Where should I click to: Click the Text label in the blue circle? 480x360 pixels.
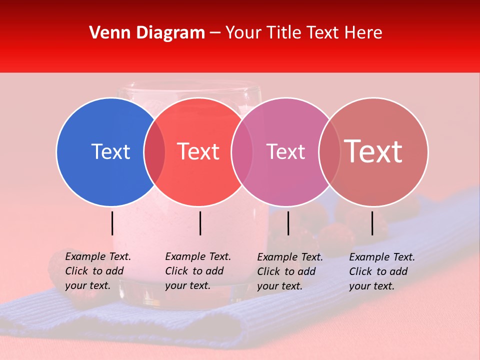tap(110, 151)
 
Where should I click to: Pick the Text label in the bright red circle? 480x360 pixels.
tap(198, 151)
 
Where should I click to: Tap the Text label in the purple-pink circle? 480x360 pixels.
tap(285, 151)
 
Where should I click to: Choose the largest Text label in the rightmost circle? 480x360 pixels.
tap(373, 151)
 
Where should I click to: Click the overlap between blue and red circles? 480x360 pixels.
tap(154, 151)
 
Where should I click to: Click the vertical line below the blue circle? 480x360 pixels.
tap(112, 223)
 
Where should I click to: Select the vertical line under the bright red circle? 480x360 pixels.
tap(200, 223)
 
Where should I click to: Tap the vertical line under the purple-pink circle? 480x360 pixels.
tap(288, 223)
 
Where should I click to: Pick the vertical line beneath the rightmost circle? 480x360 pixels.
tap(372, 223)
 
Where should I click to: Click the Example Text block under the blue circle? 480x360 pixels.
tap(97, 271)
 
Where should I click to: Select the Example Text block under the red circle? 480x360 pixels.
tap(197, 271)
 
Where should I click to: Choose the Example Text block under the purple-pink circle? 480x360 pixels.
tap(289, 271)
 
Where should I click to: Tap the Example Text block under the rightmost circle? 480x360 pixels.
tap(381, 271)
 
